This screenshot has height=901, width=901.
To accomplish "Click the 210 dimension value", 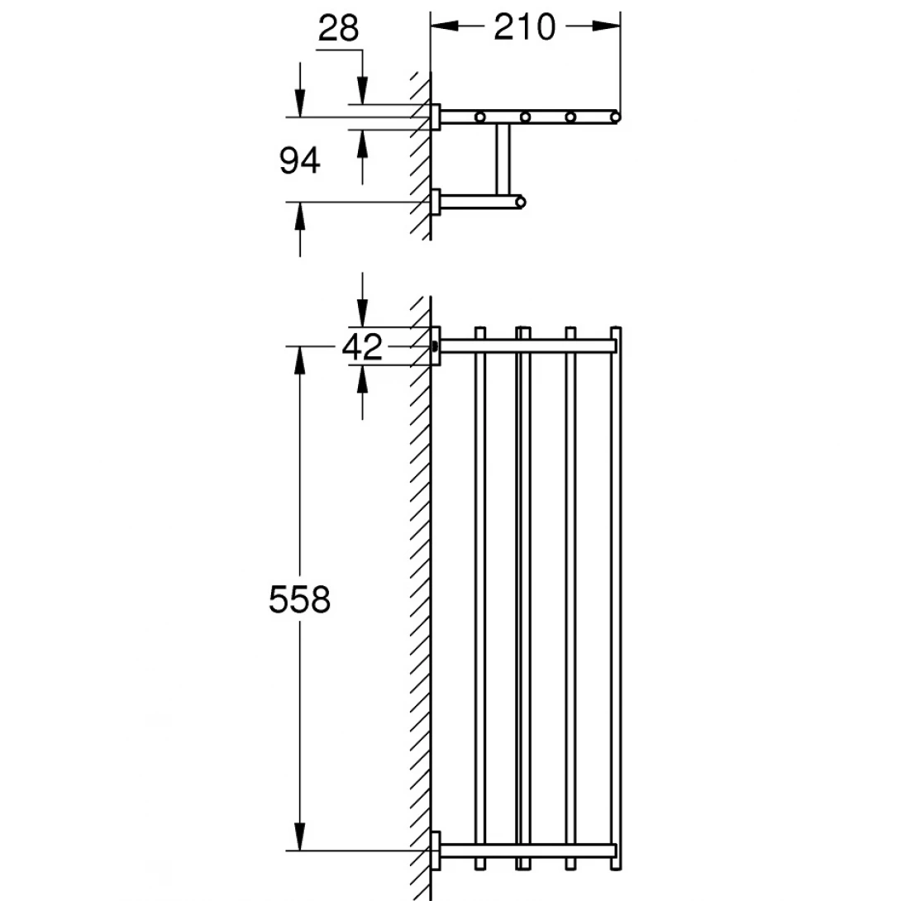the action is pyautogui.click(x=525, y=27).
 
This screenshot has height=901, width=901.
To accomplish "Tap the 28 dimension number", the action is pyautogui.click(x=338, y=28).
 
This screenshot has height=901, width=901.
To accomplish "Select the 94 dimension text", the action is pyautogui.click(x=299, y=160).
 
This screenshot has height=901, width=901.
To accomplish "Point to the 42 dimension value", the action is pyautogui.click(x=362, y=346).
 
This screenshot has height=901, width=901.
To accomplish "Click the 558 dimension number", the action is pyautogui.click(x=299, y=599).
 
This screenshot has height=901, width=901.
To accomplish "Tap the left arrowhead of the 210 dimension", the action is pyautogui.click(x=445, y=26).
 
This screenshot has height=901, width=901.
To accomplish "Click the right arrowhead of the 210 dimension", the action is pyautogui.click(x=606, y=26).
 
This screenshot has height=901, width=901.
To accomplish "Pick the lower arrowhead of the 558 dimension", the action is pyautogui.click(x=299, y=836).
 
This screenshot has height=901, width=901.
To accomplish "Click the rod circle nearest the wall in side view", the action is pyautogui.click(x=479, y=117).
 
